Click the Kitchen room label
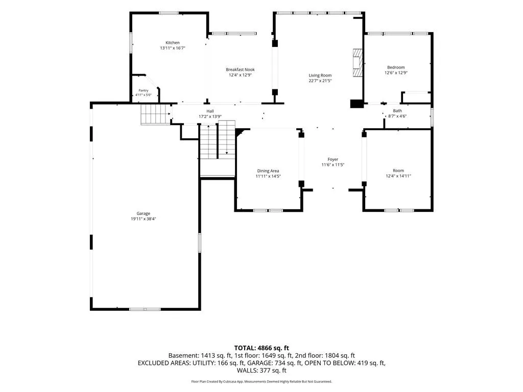(x=173, y=43)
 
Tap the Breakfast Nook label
(x=240, y=69)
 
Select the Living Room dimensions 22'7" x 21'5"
(x=320, y=81)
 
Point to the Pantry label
(x=144, y=90)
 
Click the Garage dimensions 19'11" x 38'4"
(x=144, y=219)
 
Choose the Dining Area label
(x=268, y=171)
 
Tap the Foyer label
(x=333, y=159)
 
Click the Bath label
(x=397, y=111)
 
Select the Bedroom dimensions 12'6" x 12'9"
(x=396, y=72)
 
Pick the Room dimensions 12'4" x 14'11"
(x=398, y=176)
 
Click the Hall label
(x=210, y=111)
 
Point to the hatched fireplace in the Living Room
(x=358, y=63)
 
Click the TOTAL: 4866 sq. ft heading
(x=261, y=348)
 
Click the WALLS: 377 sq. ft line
(x=261, y=371)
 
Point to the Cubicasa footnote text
(x=261, y=381)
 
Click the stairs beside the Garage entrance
(x=155, y=114)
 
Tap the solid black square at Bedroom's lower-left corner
(x=356, y=104)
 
